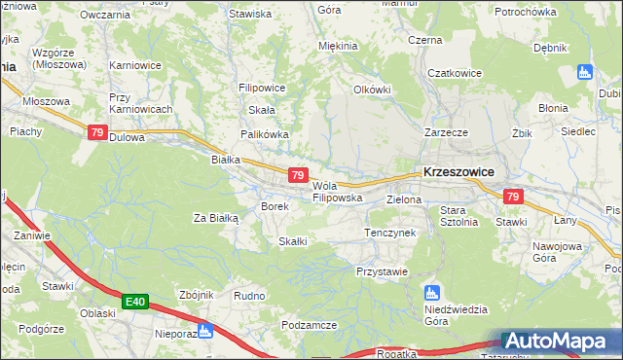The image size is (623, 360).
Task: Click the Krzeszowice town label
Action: point(458,171)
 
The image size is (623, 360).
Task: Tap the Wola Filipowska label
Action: point(337,192)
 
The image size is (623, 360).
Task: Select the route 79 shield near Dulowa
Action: point(97,133)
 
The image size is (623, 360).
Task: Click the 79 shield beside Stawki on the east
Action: point(514,197)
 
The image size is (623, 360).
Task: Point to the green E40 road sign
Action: point(135,303)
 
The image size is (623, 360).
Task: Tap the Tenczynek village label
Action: point(389,234)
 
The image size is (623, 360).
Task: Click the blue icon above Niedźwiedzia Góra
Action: point(433,292)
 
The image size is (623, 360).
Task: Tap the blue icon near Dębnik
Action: point(585,72)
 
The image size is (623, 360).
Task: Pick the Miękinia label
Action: point(339,46)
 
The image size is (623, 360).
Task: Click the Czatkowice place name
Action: point(450,72)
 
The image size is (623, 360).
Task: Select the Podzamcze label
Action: point(309,325)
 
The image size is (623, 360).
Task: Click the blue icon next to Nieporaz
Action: point(205,331)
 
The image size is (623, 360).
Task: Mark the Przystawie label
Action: point(382,271)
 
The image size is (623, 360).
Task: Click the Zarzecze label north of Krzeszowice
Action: point(446,131)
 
